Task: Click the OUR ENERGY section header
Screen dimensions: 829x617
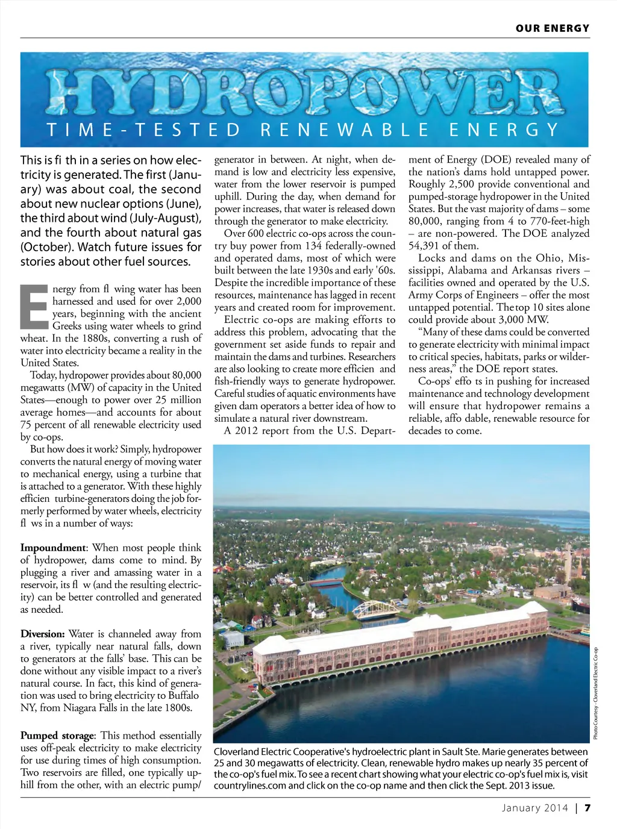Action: click(x=552, y=28)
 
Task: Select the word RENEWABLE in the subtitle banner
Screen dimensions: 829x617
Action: click(x=345, y=130)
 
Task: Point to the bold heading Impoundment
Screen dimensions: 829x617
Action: click(x=54, y=548)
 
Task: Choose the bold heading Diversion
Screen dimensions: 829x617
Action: click(x=42, y=634)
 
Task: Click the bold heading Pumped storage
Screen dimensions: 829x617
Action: click(x=58, y=736)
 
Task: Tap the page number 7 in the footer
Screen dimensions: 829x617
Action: click(x=587, y=808)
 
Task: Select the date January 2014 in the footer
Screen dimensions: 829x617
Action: click(x=535, y=808)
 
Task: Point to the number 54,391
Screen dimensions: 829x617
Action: click(x=425, y=246)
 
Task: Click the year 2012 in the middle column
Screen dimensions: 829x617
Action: click(x=246, y=431)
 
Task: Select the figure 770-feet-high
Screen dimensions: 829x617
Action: click(x=559, y=221)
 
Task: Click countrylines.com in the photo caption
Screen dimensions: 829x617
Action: click(x=249, y=786)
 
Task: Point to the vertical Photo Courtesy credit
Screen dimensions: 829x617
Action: click(x=595, y=693)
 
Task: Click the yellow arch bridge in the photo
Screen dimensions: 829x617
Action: click(x=375, y=608)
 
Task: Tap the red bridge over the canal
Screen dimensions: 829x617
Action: click(x=325, y=583)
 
